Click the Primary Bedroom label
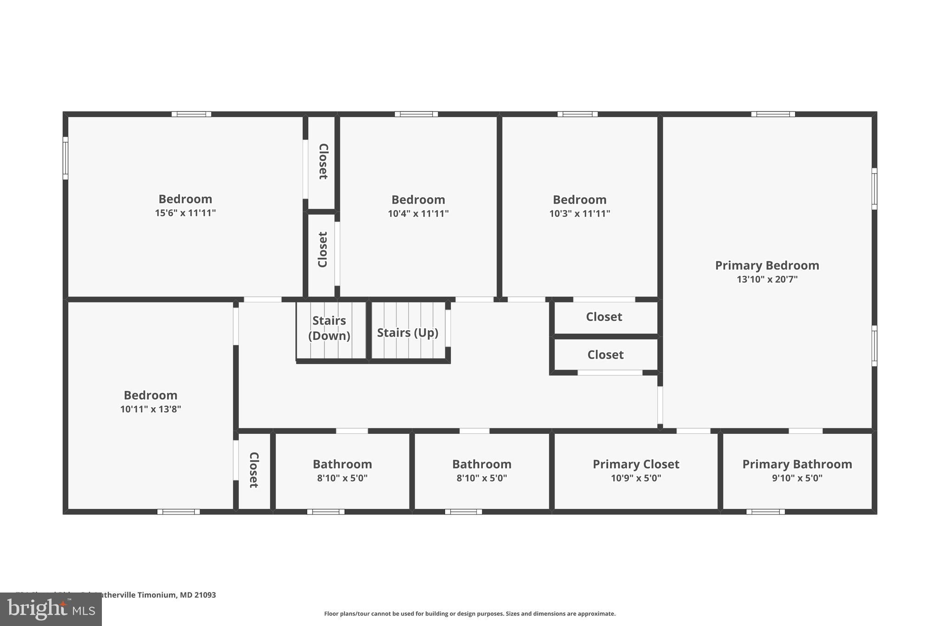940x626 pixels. [767, 266]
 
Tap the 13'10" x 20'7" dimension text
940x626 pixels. [767, 279]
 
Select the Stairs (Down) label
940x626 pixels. [329, 328]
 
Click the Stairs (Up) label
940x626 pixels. [408, 332]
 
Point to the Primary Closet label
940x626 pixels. [636, 464]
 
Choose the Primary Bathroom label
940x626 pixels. [797, 464]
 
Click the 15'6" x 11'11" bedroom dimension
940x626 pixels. [185, 213]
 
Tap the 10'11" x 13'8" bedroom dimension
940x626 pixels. [151, 409]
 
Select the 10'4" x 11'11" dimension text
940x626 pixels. [418, 214]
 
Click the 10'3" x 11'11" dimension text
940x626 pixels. [579, 214]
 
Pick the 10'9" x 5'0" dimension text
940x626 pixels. [636, 478]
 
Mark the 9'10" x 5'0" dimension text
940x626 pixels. [797, 478]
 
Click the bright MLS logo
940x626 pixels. [51, 609]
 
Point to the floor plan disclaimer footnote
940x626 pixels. [470, 614]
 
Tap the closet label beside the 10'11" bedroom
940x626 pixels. [254, 470]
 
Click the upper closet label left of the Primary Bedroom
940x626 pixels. [604, 317]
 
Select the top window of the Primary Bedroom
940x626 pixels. [773, 114]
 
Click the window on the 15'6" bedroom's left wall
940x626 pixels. [66, 158]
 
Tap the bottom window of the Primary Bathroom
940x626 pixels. [765, 512]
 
